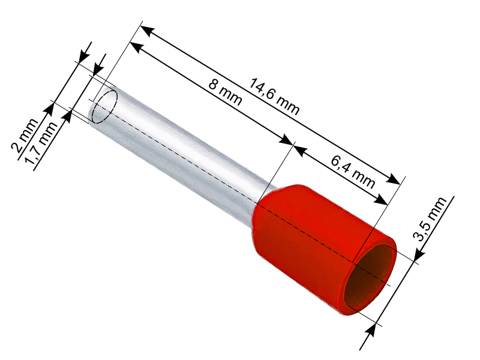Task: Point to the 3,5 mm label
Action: pos(431,219)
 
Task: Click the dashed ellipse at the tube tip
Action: pos(103,106)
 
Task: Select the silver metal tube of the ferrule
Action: pos(180,150)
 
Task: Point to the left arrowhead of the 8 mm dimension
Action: pos(136,49)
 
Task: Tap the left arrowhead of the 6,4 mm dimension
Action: pos(299,149)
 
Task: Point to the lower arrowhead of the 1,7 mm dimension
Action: pos(67,115)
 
